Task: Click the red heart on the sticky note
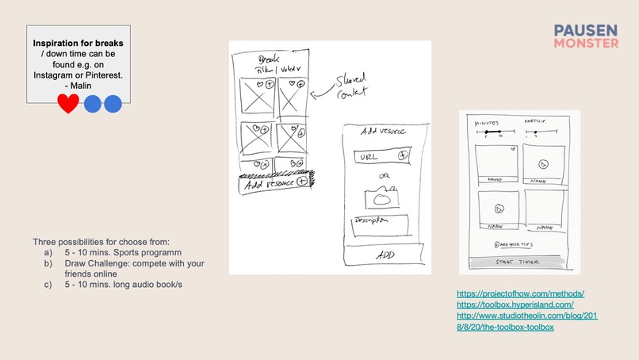[x=69, y=103]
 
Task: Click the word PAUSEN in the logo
[x=586, y=30]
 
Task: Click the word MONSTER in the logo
[x=586, y=44]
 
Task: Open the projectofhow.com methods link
[x=521, y=293]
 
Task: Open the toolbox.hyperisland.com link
[x=515, y=304]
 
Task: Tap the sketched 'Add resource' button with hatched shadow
[x=274, y=182]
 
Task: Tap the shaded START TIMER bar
[x=519, y=262]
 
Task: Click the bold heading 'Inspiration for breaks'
[x=78, y=41]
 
